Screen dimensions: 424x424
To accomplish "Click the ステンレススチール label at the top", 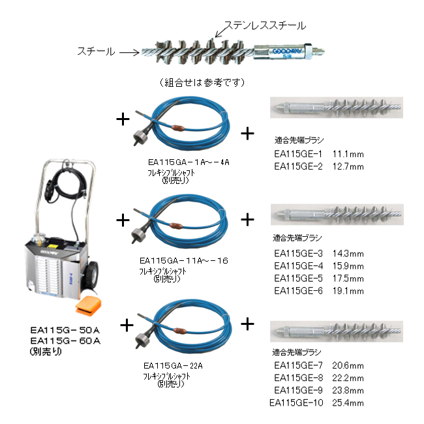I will [265, 25].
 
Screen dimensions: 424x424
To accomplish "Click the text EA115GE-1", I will [299, 154].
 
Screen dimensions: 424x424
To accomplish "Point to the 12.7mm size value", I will [348, 166].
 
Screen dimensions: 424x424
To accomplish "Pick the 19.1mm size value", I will [348, 291].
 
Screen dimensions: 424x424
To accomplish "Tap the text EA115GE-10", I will [296, 403].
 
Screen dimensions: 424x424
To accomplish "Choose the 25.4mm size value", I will [348, 403].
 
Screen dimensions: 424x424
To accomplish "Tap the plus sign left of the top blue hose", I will [122, 118].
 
